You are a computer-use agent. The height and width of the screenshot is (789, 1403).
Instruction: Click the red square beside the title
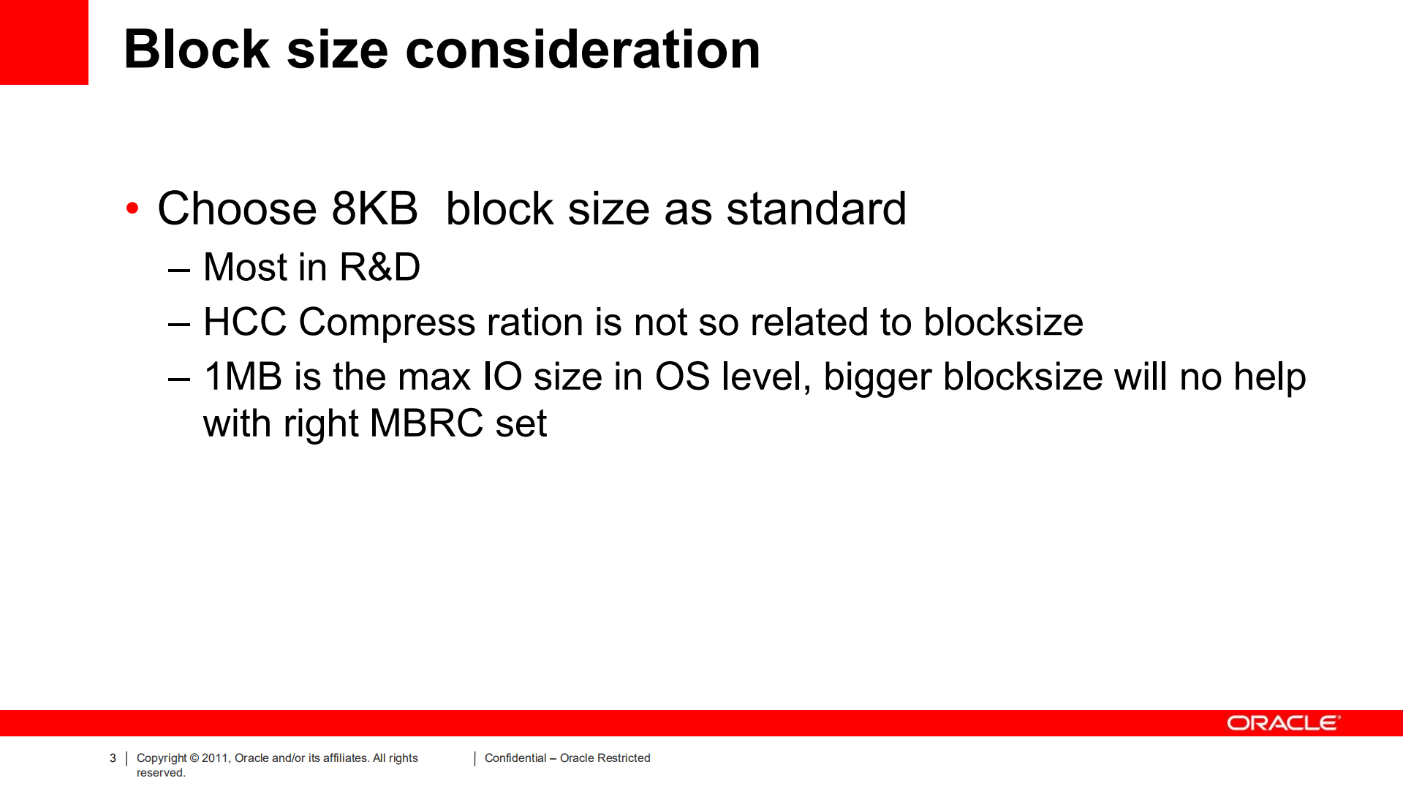click(44, 42)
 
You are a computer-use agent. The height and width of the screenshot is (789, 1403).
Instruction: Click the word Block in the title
click(197, 50)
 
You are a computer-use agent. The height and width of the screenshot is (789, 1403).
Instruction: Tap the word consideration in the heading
click(583, 50)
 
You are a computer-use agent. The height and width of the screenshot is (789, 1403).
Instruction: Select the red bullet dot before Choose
click(132, 208)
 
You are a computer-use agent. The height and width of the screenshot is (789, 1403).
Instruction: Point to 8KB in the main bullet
click(374, 208)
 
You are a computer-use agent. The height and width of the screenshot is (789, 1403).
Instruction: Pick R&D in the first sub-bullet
click(380, 267)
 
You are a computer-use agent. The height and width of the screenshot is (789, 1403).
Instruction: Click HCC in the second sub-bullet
click(245, 322)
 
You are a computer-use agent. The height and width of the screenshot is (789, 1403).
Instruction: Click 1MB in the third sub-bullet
click(243, 377)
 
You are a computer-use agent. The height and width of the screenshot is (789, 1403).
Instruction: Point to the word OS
click(682, 377)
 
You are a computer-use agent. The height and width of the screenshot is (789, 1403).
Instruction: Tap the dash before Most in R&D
click(179, 270)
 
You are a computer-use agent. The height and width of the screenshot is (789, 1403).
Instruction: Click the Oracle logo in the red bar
click(1283, 723)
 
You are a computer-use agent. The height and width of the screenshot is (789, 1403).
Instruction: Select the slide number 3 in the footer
click(113, 758)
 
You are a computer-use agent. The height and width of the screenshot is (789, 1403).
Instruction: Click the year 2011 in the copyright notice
click(216, 758)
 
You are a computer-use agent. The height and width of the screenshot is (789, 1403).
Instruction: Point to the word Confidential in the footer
click(515, 758)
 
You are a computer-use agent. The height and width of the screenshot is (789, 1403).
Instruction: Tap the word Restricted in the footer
click(624, 758)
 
